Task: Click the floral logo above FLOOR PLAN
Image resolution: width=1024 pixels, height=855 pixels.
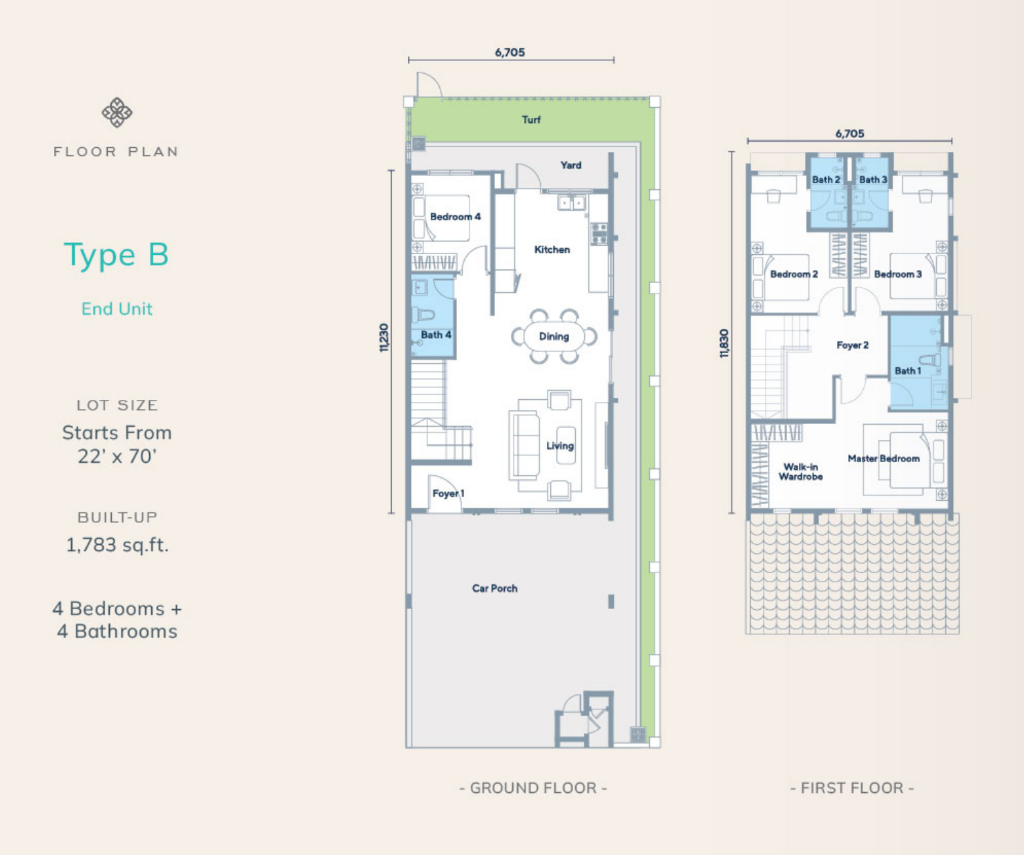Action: click(117, 113)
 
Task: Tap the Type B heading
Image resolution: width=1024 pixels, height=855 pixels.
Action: click(116, 255)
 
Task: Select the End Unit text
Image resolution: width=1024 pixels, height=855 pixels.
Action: click(117, 309)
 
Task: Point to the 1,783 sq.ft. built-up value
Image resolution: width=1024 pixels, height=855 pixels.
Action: click(117, 544)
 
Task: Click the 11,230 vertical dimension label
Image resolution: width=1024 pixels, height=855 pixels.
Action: click(384, 338)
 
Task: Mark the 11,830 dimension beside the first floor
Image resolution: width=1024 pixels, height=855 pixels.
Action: click(724, 343)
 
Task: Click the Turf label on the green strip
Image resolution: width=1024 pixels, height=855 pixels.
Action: click(531, 119)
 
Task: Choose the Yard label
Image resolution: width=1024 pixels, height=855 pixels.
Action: click(571, 165)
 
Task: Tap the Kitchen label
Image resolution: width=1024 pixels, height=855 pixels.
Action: click(552, 250)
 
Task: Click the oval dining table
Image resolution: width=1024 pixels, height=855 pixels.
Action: click(554, 336)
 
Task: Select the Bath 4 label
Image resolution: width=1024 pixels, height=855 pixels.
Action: click(436, 334)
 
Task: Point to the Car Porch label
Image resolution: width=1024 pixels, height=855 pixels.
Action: click(495, 588)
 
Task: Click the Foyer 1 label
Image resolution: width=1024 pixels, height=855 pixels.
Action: click(448, 494)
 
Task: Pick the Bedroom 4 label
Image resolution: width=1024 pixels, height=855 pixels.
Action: click(456, 216)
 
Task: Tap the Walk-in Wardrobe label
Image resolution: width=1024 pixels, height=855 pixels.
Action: click(801, 472)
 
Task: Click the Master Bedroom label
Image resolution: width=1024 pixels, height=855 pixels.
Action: click(884, 459)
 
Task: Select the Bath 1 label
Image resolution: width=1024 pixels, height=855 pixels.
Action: click(908, 371)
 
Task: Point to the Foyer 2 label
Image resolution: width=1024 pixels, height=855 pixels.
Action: click(852, 345)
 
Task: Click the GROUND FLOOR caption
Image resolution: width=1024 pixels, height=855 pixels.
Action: click(534, 788)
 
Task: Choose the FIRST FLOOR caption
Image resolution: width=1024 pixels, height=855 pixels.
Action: click(852, 788)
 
